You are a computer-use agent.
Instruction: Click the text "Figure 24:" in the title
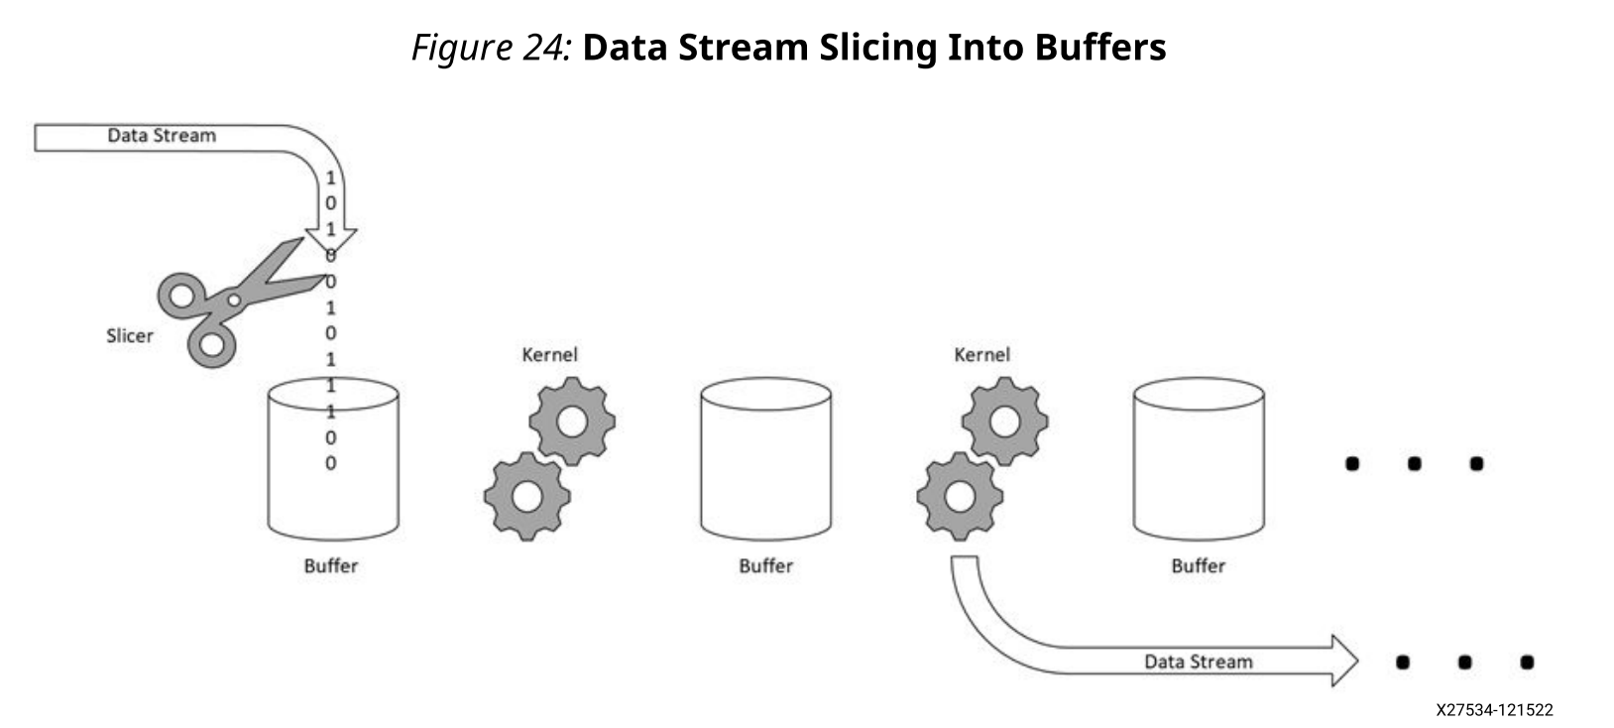point(491,47)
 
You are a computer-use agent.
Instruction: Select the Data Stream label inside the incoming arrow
point(162,136)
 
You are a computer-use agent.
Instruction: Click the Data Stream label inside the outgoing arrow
point(1198,662)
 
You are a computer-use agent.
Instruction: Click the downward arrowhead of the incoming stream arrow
point(330,238)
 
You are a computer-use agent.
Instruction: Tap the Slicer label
point(130,336)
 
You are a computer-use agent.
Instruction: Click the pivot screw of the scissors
point(234,299)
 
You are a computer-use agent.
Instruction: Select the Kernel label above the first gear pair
point(549,354)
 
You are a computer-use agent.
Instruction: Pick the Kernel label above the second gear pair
point(981,354)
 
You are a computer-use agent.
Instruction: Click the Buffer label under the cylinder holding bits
point(330,566)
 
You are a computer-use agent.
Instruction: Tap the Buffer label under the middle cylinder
point(765,566)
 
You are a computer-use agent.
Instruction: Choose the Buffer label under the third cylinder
point(1198,566)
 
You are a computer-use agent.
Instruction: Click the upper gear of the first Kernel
point(572,422)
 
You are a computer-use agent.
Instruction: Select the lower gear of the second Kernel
point(959,495)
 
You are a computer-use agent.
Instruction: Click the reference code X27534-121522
point(1494,710)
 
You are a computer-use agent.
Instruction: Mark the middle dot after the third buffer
point(1414,463)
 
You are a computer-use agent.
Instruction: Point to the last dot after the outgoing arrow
point(1527,662)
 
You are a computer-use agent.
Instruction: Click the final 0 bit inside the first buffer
point(331,463)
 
